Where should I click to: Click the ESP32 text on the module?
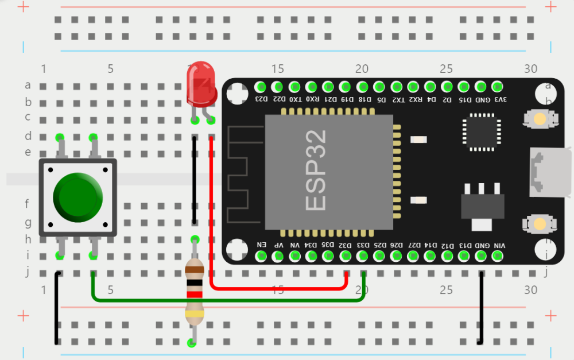click(316, 170)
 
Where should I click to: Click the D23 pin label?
click(261, 99)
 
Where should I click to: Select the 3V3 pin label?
click(500, 99)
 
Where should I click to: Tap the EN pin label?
click(261, 245)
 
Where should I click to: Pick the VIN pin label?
click(500, 245)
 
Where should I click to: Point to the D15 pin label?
click(466, 99)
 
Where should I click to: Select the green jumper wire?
click(230, 299)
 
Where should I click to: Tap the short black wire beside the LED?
click(195, 178)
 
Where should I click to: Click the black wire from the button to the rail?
click(56, 310)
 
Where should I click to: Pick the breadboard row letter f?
click(27, 203)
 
